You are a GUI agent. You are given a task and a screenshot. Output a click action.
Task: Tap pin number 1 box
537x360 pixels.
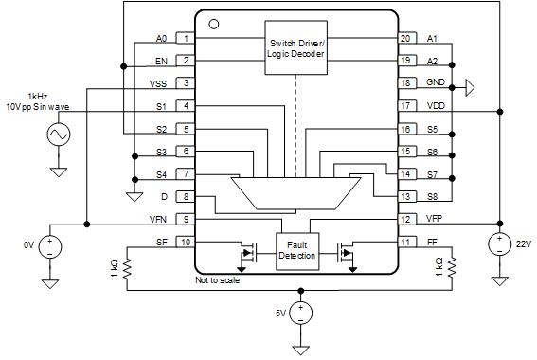pos(187,39)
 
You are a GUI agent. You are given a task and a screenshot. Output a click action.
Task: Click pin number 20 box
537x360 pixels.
pos(405,39)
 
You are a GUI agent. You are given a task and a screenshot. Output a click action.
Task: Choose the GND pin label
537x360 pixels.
pos(435,83)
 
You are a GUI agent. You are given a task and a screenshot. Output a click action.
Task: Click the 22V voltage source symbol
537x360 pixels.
pos(497,243)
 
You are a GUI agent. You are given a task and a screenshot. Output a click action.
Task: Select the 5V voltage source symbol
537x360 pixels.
pos(300,312)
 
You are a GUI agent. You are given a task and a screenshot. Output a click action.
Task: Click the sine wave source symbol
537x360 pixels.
pos(57,135)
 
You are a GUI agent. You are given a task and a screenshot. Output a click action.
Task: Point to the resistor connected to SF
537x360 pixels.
pos(126,269)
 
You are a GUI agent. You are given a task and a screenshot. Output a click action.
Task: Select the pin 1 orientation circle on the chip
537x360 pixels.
pos(213,23)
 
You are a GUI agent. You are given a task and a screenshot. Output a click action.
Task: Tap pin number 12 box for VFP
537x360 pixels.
pos(405,219)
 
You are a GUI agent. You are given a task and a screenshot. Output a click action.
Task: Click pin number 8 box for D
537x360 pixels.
pos(187,197)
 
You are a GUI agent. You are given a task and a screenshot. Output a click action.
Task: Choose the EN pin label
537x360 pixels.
pos(161,61)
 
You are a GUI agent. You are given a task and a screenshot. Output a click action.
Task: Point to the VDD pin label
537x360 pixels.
pos(435,106)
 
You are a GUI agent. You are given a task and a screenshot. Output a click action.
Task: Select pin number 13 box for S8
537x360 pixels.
pos(405,197)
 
